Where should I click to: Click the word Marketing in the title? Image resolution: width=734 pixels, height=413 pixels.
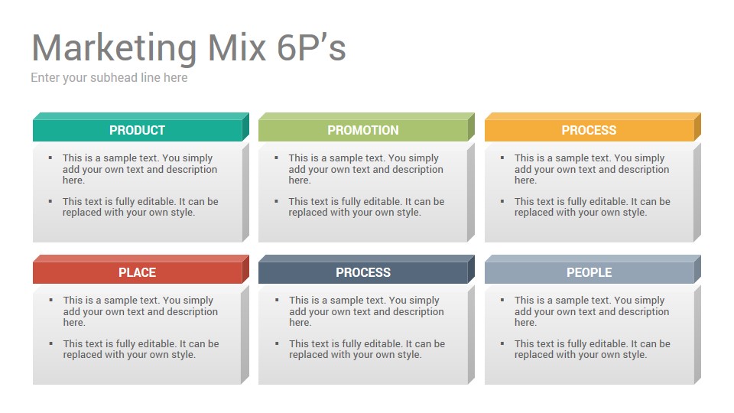tap(114, 49)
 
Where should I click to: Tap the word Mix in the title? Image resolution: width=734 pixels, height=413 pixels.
tap(237, 47)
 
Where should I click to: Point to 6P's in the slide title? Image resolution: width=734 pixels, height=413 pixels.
tap(311, 47)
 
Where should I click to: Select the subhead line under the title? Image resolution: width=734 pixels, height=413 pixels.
tap(109, 78)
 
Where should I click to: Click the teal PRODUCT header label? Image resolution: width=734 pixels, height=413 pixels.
tap(137, 130)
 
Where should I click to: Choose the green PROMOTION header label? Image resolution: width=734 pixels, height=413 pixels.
tap(362, 130)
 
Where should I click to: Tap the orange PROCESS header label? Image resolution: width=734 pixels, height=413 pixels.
tap(589, 130)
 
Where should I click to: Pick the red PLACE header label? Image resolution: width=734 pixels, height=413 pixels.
tap(137, 272)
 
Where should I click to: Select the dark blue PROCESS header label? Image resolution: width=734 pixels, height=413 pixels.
tap(362, 272)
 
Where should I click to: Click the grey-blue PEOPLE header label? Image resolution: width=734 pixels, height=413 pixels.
tap(589, 272)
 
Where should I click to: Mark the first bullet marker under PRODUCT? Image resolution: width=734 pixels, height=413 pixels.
tap(50, 158)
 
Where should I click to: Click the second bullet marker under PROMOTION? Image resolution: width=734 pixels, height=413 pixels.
tap(276, 201)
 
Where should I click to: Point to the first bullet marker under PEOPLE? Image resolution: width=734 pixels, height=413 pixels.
tap(502, 300)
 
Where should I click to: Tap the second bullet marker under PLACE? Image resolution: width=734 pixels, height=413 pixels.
tap(50, 343)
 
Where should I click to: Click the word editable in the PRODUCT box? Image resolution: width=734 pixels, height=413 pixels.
tap(155, 202)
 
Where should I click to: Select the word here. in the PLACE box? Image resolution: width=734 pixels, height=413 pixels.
tap(74, 323)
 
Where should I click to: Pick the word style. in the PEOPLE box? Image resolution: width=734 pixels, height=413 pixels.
tap(634, 355)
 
